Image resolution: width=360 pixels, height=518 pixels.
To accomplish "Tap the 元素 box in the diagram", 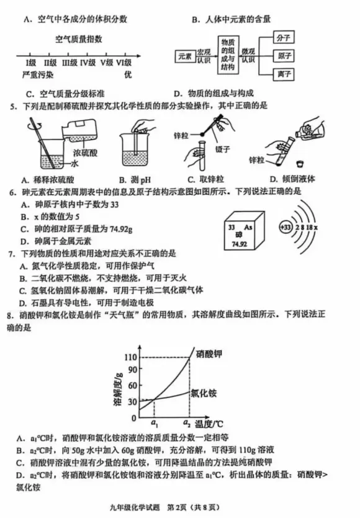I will pyautogui.click(x=184, y=56).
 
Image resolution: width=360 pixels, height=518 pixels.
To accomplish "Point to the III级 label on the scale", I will pyautogui.click(x=69, y=63).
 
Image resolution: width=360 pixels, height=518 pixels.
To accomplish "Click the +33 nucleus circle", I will pyautogui.click(x=285, y=228).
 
